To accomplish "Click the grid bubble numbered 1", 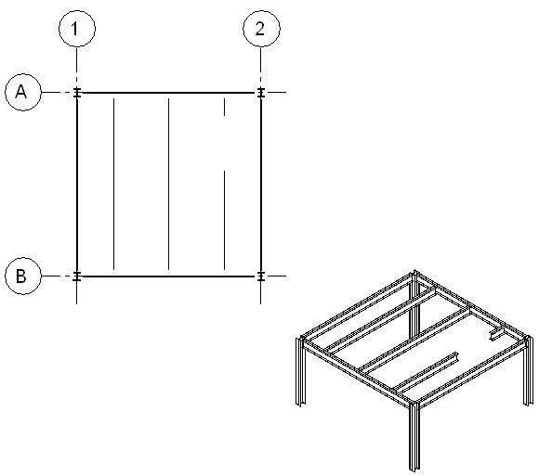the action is pyautogui.click(x=77, y=29).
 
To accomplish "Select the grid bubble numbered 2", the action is pyautogui.click(x=261, y=29).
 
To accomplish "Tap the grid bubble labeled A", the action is pyautogui.click(x=23, y=92).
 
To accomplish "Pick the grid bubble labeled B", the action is pyautogui.click(x=23, y=276).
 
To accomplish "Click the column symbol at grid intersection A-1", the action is pyautogui.click(x=77, y=92).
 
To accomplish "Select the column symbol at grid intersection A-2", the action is pyautogui.click(x=261, y=92).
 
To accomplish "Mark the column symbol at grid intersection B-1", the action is pyautogui.click(x=77, y=276).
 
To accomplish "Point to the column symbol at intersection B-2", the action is pyautogui.click(x=261, y=276).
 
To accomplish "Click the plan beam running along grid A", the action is pyautogui.click(x=169, y=92).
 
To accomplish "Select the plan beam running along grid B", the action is pyautogui.click(x=169, y=276).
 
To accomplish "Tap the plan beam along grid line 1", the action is pyautogui.click(x=77, y=185).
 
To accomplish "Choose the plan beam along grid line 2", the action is pyautogui.click(x=261, y=185).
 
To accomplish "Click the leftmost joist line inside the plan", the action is pyautogui.click(x=113, y=184).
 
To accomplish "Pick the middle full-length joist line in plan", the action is pyautogui.click(x=168, y=184).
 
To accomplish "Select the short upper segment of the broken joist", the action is pyautogui.click(x=225, y=107).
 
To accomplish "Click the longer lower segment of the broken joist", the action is pyautogui.click(x=225, y=220).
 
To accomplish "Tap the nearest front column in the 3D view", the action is pyautogui.click(x=414, y=436).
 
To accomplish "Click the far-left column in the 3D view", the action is pyautogui.click(x=300, y=371).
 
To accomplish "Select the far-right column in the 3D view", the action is pyautogui.click(x=529, y=370).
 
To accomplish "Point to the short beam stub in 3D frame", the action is pyautogui.click(x=496, y=334).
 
